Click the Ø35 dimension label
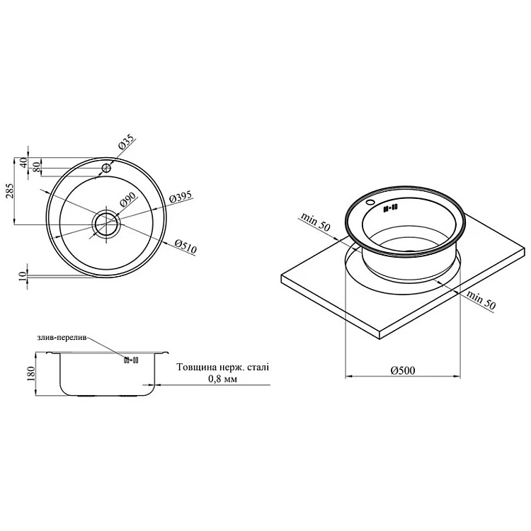(x=127, y=144)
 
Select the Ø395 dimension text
(x=181, y=197)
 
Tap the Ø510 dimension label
(x=185, y=247)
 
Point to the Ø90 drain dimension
(x=127, y=200)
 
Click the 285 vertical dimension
(x=10, y=192)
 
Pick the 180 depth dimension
(x=31, y=375)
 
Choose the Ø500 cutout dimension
(x=403, y=370)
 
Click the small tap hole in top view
(x=107, y=168)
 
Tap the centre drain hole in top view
(x=107, y=224)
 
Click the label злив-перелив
(x=62, y=337)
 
